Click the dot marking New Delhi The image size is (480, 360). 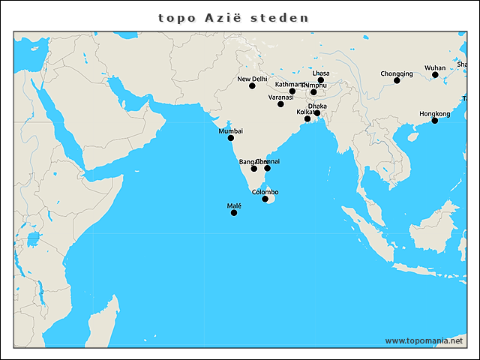tap(252, 85)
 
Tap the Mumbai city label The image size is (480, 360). tap(230, 130)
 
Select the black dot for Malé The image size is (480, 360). tap(233, 213)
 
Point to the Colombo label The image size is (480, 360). tap(265, 192)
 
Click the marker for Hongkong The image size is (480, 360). tap(435, 121)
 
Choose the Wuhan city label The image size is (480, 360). tap(435, 67)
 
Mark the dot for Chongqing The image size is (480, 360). tap(397, 80)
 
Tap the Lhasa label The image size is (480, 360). tap(321, 73)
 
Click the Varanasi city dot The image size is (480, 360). tap(280, 103)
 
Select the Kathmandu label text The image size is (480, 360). tap(289, 84)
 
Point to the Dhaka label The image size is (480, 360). tap(317, 106)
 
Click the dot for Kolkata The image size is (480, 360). tap(307, 118)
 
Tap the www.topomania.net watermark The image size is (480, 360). tap(424, 340)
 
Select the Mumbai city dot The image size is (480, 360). tap(230, 138)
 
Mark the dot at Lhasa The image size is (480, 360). tap(321, 80)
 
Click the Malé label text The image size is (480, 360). tap(233, 205)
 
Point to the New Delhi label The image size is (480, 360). tap(252, 78)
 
